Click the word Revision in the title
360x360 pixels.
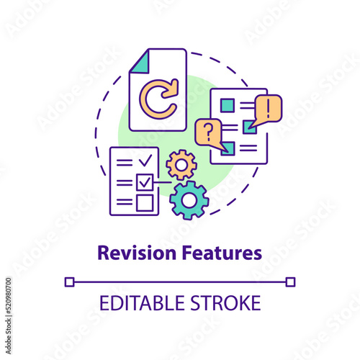click(x=137, y=253)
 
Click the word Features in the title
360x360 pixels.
click(x=222, y=253)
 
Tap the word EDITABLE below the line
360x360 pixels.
click(x=142, y=303)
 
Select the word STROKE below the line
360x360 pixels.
click(x=225, y=303)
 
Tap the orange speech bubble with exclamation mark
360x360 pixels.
click(x=268, y=108)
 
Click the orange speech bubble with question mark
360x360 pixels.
click(x=208, y=132)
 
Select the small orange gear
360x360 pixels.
click(x=181, y=165)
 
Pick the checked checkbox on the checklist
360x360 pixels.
click(x=145, y=182)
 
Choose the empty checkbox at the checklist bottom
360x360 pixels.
click(x=145, y=203)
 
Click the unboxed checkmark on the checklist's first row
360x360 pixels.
click(x=145, y=161)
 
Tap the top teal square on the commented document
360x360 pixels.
click(x=228, y=105)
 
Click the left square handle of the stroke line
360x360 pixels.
click(x=70, y=282)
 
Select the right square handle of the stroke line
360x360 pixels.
click(x=290, y=282)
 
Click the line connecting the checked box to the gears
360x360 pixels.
click(x=163, y=182)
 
